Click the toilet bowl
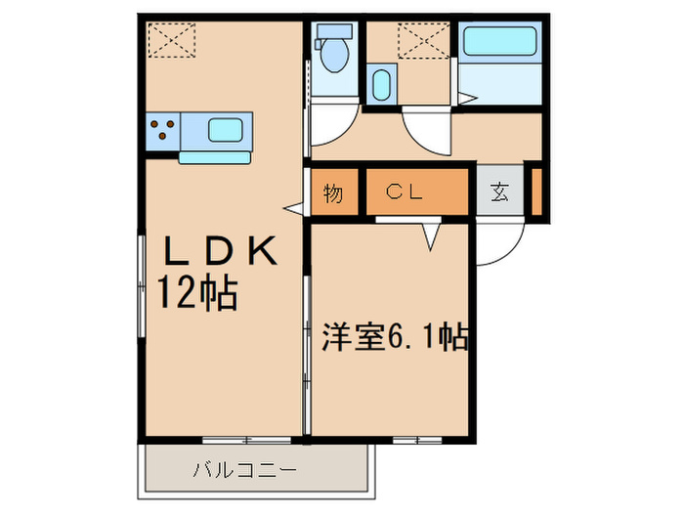pyautogui.click(x=333, y=55)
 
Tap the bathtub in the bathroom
pyautogui.click(x=499, y=42)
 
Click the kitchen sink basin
pyautogui.click(x=226, y=129)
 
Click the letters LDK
pyautogui.click(x=221, y=252)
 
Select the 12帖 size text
pyautogui.click(x=200, y=291)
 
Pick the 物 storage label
pyautogui.click(x=333, y=193)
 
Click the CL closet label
pyautogui.click(x=403, y=192)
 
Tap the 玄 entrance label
pyautogui.click(x=499, y=192)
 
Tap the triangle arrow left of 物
pyautogui.click(x=292, y=207)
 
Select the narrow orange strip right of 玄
pyautogui.click(x=536, y=192)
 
